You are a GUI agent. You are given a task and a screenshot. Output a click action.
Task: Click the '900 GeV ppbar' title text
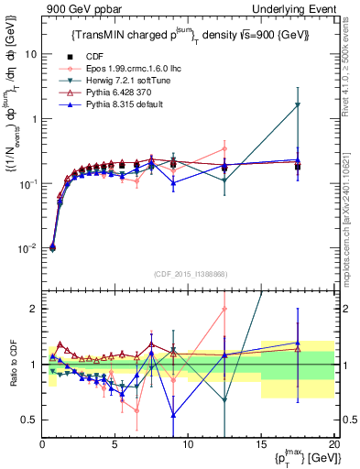pos(78,8)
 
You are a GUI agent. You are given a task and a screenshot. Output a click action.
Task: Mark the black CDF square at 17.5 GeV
pos(298,167)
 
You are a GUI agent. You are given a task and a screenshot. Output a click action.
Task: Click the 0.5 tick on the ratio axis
pos(29,420)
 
